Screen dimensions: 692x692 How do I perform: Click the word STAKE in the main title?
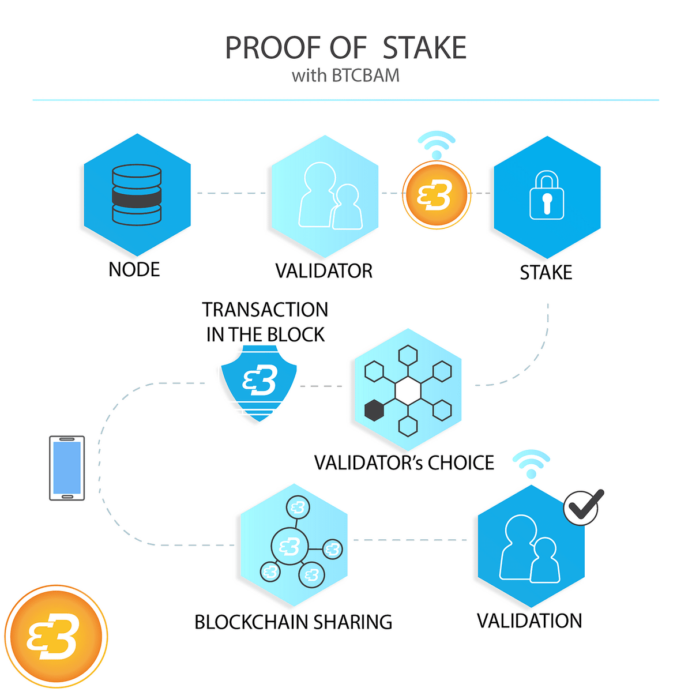click(x=424, y=48)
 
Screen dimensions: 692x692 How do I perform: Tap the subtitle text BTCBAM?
click(x=365, y=76)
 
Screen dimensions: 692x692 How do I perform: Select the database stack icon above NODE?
click(x=137, y=195)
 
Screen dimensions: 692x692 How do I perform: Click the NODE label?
click(x=134, y=270)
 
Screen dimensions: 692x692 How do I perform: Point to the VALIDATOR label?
click(x=324, y=271)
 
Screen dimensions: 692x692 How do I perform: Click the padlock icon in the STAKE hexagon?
click(x=547, y=196)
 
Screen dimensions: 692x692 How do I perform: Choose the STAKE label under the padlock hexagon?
click(x=546, y=273)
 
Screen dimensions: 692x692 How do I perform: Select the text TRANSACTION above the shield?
click(x=265, y=310)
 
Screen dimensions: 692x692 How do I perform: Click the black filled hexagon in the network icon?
click(x=374, y=410)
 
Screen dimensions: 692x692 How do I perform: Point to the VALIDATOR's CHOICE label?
click(x=404, y=463)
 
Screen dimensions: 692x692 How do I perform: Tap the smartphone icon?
click(x=67, y=468)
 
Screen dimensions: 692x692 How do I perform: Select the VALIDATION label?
click(x=529, y=621)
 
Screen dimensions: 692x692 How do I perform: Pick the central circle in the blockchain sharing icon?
click(x=289, y=546)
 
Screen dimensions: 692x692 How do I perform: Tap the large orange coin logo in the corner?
click(x=56, y=637)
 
